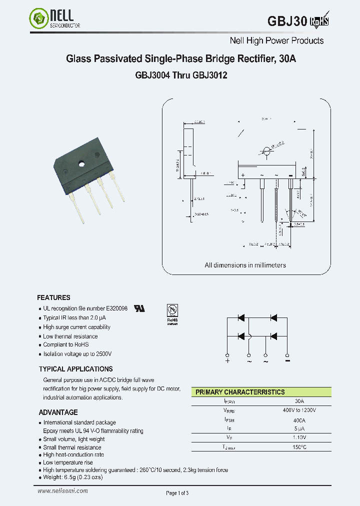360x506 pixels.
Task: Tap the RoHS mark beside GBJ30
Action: point(320,21)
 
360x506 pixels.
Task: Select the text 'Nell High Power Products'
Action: point(276,41)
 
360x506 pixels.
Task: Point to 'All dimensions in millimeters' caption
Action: point(245,265)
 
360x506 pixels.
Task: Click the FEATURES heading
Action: point(53,297)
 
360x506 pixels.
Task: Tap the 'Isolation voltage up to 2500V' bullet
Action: point(77,353)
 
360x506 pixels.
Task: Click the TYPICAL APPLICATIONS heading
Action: point(75,369)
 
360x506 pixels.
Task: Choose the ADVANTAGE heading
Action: point(58,412)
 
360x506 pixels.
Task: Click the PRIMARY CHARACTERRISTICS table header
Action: point(240,392)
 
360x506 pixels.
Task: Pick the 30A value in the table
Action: point(299,401)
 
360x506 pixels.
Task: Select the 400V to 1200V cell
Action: point(299,410)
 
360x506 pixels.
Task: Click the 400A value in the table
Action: point(299,420)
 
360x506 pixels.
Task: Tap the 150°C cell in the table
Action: point(299,447)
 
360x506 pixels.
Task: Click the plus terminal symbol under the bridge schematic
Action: point(227,361)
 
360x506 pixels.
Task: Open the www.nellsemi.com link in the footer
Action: point(63,491)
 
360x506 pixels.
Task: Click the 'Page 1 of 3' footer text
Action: point(177,493)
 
